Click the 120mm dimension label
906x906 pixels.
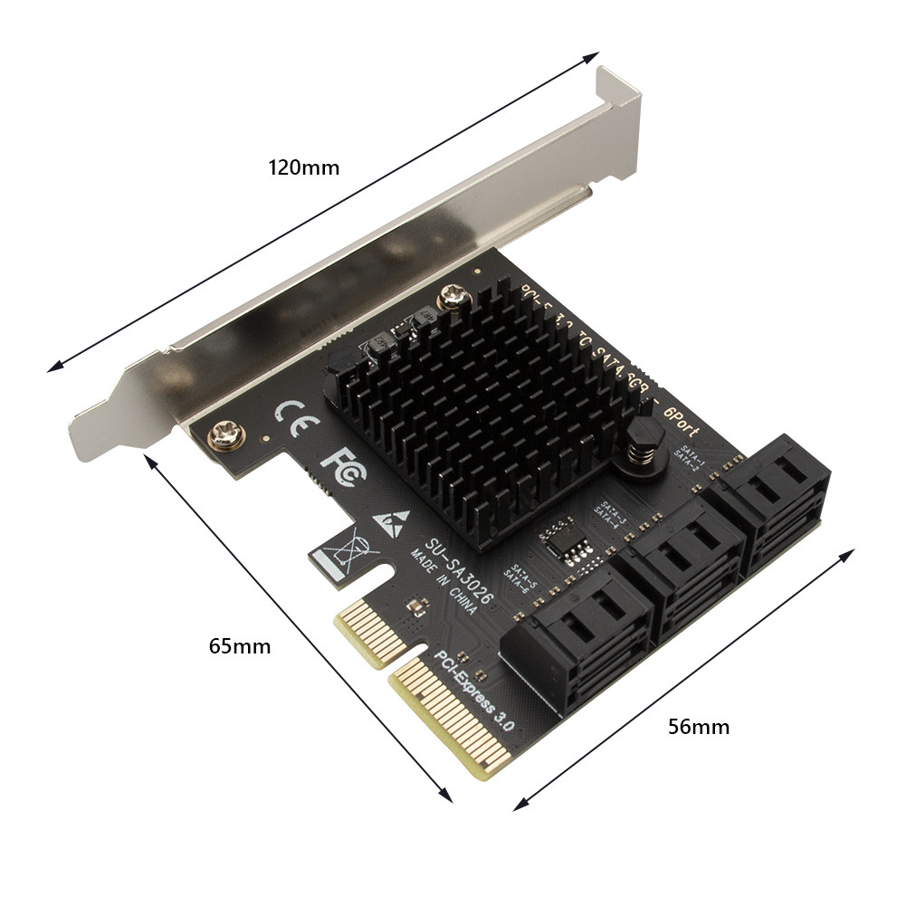303,167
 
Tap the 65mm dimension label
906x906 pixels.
239,646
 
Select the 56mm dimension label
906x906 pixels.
698,726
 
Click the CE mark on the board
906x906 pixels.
295,416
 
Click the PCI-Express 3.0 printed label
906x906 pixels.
474,691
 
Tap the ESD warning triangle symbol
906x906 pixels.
390,523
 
